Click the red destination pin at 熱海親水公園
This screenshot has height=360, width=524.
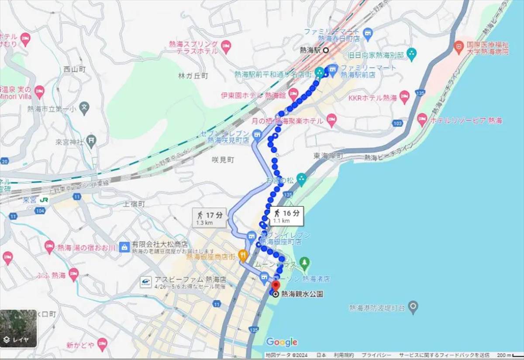point(276,286)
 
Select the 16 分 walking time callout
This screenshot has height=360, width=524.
point(286,216)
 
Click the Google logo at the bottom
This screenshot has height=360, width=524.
point(282,342)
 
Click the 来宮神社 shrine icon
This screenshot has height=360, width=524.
point(91,141)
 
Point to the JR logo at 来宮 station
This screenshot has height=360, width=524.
point(44,199)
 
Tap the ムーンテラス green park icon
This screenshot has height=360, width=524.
point(305,263)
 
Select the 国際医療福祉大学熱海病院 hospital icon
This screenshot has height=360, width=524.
point(458,45)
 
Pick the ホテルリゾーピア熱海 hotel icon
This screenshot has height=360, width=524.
point(422,120)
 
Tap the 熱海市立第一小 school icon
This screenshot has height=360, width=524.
point(85,106)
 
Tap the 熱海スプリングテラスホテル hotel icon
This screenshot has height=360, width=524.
point(226,46)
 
